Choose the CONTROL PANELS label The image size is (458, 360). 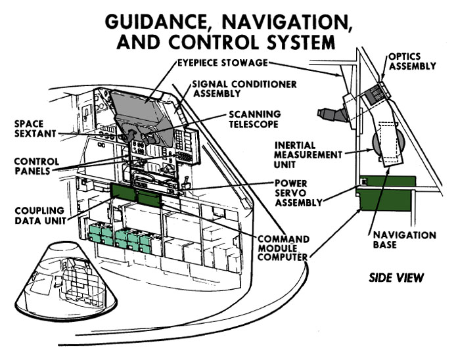pyautogui.click(x=37, y=166)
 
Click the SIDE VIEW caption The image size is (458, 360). pyautogui.click(x=396, y=278)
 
